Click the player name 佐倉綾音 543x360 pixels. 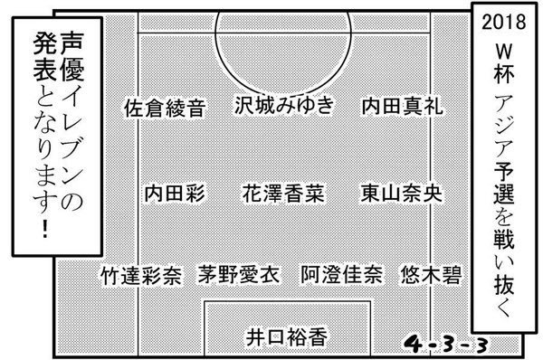(x=163, y=109)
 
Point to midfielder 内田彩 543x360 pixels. (x=176, y=194)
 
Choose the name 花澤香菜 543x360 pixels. (x=283, y=194)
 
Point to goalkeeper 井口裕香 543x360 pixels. (x=287, y=336)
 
